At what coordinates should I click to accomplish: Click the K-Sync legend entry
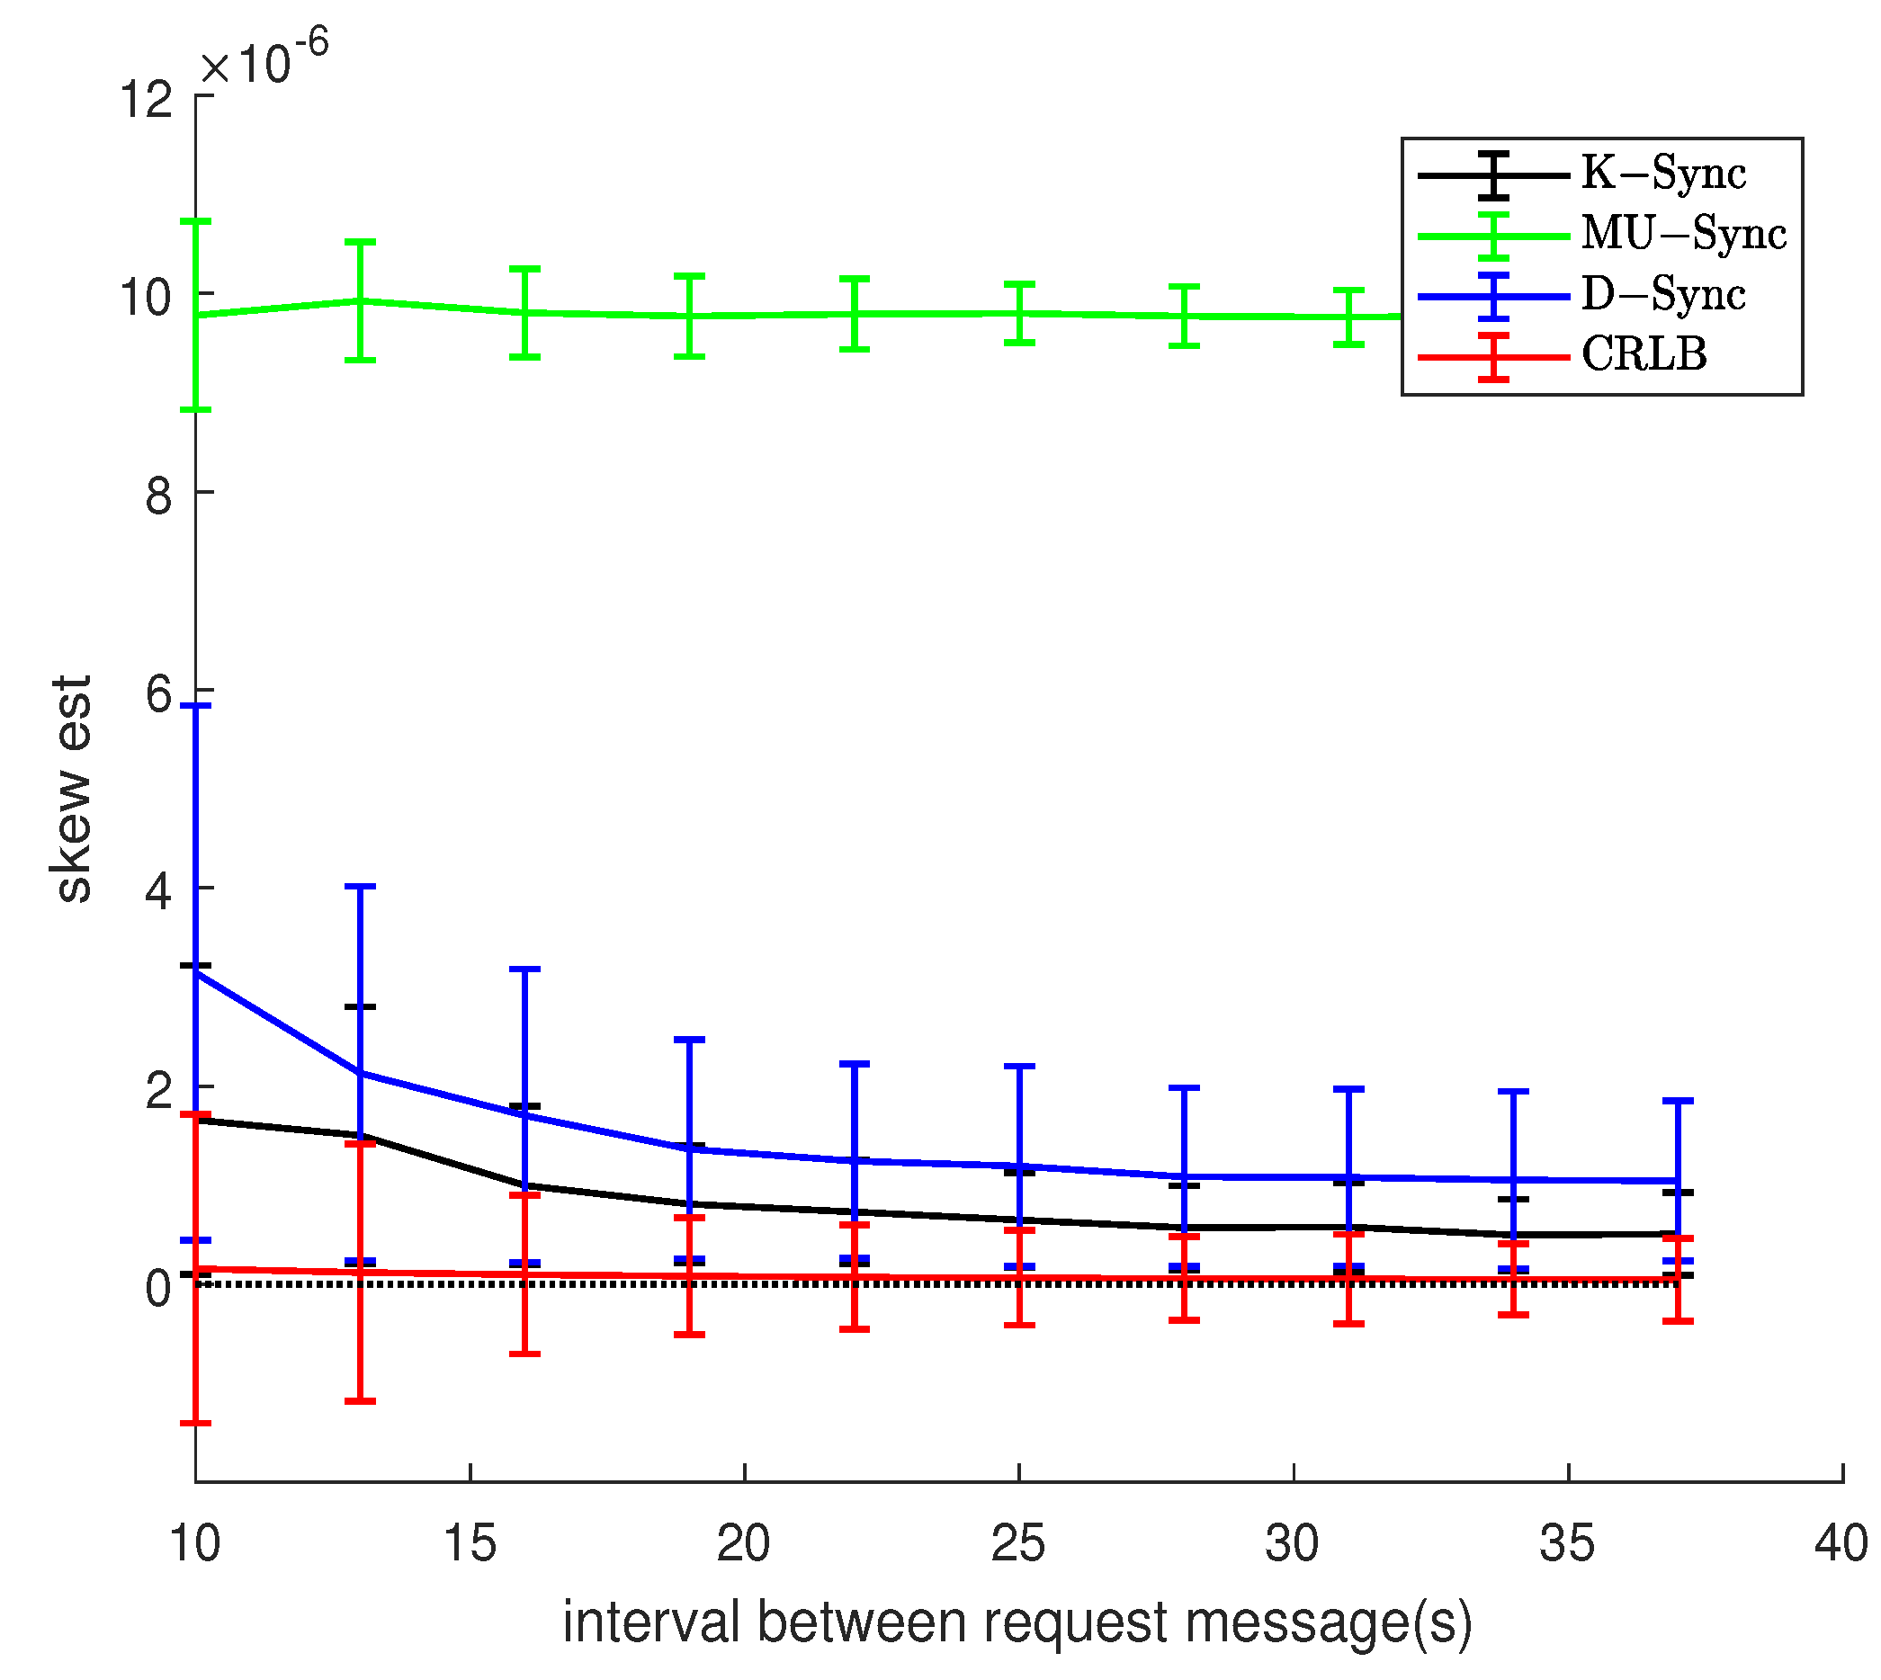point(1662,173)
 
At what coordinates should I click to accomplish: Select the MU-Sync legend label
point(1682,233)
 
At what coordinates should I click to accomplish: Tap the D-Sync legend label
point(1662,293)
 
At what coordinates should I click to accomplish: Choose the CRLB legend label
point(1643,354)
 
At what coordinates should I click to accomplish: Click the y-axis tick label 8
point(158,496)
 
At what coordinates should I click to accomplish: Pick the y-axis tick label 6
point(158,694)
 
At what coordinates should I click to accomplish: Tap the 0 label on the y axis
point(158,1289)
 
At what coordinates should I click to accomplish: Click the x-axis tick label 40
point(1840,1543)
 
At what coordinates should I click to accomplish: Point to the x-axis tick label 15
point(469,1543)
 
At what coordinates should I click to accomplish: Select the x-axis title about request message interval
point(1017,1622)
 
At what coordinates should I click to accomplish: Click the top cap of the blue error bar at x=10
point(197,706)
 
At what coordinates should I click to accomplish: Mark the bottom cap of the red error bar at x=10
point(196,1424)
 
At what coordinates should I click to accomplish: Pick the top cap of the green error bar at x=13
point(360,242)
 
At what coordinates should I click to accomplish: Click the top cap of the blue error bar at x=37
point(1677,1100)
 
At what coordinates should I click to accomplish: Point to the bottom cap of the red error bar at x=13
point(360,1401)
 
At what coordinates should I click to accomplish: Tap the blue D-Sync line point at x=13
point(360,1073)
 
